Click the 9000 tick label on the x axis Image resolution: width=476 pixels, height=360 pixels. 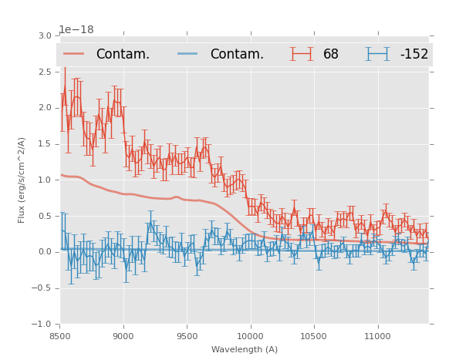coord(123,337)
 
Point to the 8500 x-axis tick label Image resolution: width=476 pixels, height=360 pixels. coord(60,337)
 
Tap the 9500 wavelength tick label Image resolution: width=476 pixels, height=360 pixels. coord(187,337)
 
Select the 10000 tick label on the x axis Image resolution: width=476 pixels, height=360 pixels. coord(250,337)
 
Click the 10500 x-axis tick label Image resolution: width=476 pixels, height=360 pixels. coord(314,337)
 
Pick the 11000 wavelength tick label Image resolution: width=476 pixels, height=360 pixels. coord(377,337)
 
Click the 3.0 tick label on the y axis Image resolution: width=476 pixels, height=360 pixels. coord(44,36)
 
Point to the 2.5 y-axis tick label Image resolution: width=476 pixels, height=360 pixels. coord(44,72)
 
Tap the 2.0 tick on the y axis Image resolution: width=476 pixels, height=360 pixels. coord(44,108)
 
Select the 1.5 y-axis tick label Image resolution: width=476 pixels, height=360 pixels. coord(44,144)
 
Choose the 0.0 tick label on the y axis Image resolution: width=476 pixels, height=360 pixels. coord(44,252)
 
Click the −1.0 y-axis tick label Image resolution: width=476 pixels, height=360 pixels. coord(42,325)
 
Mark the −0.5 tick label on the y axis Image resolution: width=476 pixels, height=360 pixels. coord(42,288)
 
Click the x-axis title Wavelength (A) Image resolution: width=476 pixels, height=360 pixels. coord(245,350)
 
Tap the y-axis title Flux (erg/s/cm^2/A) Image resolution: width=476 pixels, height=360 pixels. coord(22,180)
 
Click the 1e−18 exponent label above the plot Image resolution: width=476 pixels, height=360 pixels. coord(76,29)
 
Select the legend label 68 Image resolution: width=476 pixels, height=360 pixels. coord(331,54)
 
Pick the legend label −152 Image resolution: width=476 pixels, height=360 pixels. coord(414,54)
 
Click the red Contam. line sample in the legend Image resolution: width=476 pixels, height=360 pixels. coord(74,54)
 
